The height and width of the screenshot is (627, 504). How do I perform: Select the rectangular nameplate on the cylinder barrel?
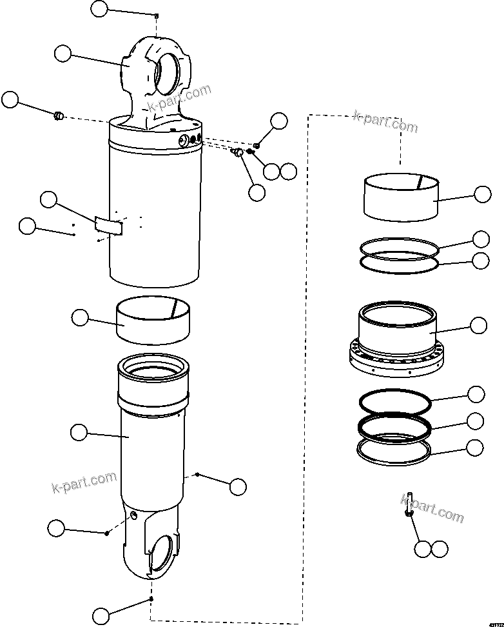tap(108, 224)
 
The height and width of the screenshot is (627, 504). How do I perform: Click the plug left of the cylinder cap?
tap(58, 115)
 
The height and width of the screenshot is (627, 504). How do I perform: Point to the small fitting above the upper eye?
tap(157, 15)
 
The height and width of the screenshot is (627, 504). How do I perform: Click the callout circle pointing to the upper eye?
tap(63, 54)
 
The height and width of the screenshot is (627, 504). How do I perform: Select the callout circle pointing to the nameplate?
tap(49, 199)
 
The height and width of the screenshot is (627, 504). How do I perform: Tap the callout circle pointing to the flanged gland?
tap(478, 326)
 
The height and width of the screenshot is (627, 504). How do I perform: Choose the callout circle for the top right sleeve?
tap(482, 194)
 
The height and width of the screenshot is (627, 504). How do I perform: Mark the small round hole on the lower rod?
tap(133, 514)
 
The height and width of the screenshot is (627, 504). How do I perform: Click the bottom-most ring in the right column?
tap(394, 450)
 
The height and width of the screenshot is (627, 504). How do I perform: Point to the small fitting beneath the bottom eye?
tap(151, 599)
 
